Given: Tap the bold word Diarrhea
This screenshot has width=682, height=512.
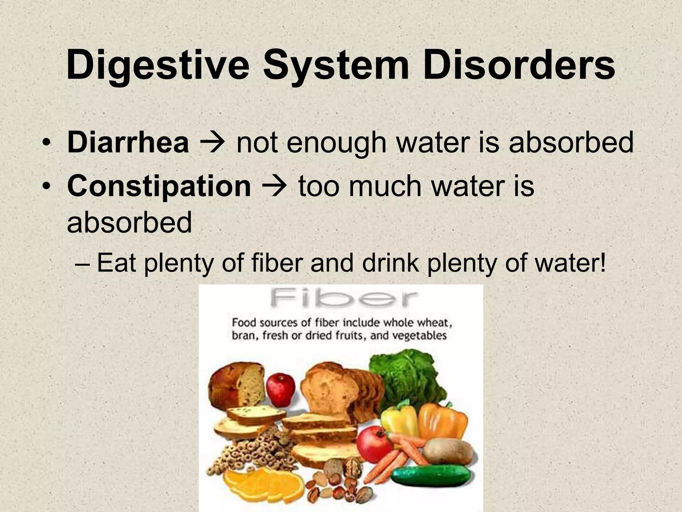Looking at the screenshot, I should (x=128, y=143).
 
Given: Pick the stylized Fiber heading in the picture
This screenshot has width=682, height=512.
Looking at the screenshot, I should (x=343, y=299).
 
